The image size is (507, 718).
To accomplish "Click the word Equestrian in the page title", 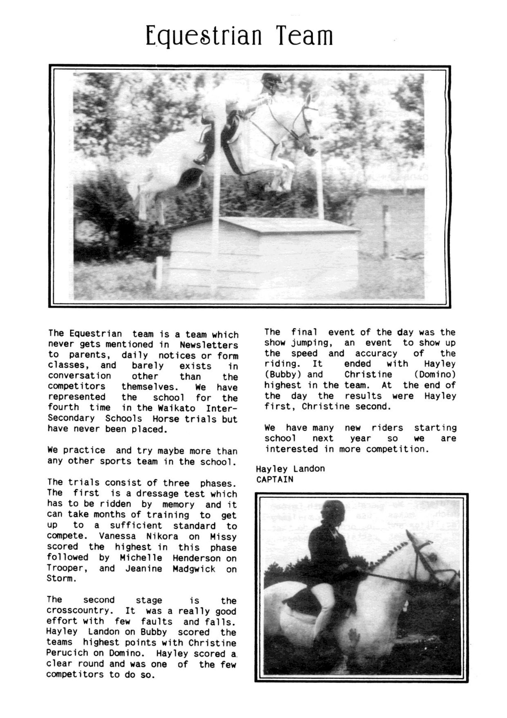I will (x=204, y=37).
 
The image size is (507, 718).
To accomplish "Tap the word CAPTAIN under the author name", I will (x=275, y=479).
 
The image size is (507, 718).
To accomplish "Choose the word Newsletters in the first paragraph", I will (x=208, y=345).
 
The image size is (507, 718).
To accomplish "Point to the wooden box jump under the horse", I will (x=259, y=247).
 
